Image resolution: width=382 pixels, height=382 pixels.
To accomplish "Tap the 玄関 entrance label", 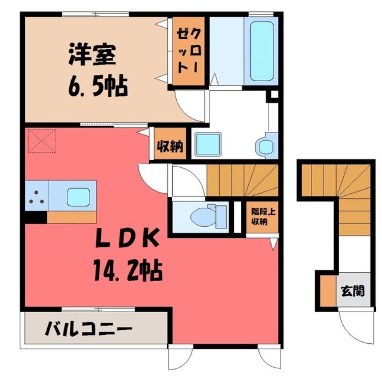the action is [352, 291].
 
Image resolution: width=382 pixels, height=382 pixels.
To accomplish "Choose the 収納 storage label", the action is [170, 147].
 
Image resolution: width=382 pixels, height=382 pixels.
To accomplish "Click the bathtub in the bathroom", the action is [261, 51].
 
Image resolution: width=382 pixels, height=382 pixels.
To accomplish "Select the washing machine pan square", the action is [208, 144].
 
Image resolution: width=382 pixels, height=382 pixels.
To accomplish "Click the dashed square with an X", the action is [42, 141].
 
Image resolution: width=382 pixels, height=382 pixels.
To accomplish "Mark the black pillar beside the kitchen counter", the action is [36, 217].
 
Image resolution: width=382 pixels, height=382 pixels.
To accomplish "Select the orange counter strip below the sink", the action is [72, 217].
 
